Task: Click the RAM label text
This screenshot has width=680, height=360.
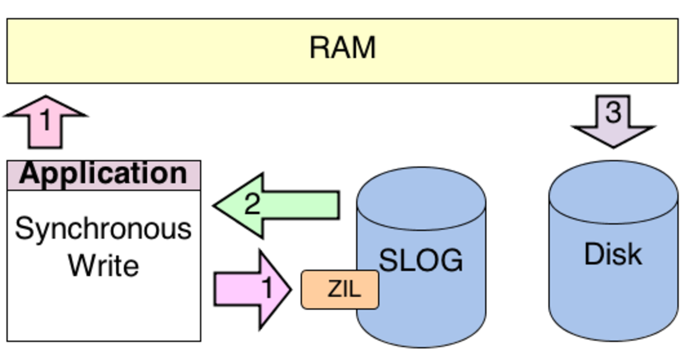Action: [342, 48]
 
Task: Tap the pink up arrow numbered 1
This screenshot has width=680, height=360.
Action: [45, 124]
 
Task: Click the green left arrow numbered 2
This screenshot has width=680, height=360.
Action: [282, 206]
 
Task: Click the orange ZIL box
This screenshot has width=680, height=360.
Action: [340, 290]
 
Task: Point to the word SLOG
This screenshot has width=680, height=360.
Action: [421, 260]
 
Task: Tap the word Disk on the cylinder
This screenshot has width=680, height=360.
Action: [613, 254]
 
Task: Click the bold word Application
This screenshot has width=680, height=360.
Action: [103, 173]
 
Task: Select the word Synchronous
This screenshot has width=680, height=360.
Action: [103, 229]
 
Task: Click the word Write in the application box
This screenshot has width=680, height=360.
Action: [103, 265]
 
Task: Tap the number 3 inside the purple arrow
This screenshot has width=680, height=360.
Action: [613, 112]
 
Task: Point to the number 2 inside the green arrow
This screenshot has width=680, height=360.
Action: [252, 205]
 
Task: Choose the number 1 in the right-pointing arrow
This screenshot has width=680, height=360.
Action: [268, 288]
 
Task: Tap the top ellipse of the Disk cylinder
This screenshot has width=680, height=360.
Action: [613, 192]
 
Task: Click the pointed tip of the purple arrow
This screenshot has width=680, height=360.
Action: [613, 146]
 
